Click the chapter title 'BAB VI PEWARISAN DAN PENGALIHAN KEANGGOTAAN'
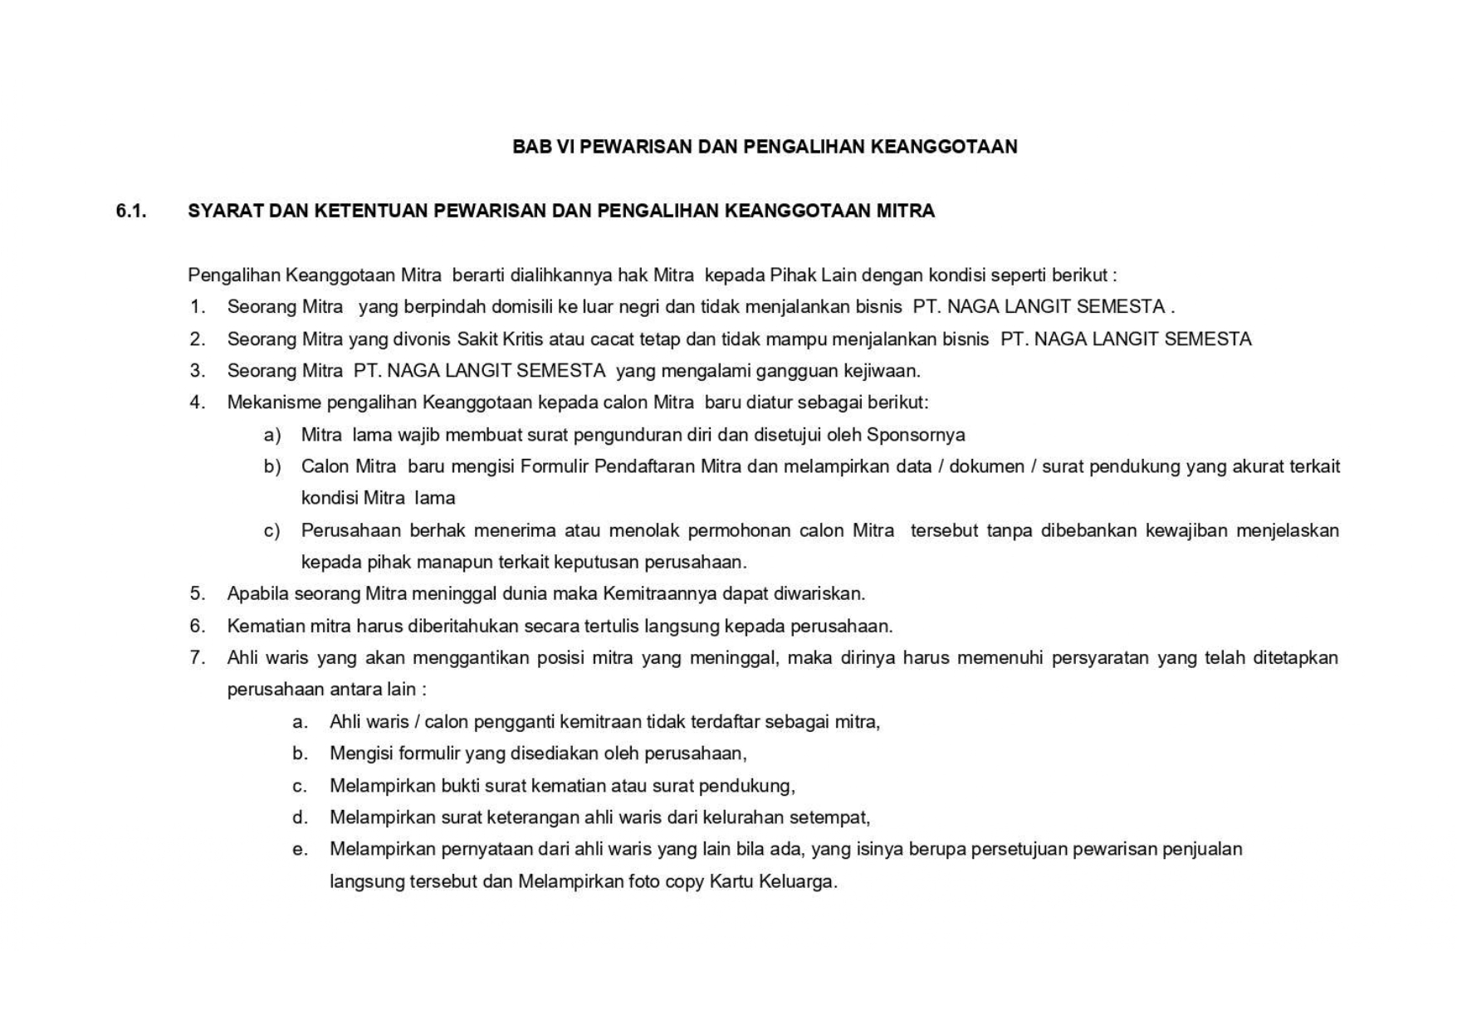(764, 147)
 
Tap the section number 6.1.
(131, 211)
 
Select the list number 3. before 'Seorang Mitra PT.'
(198, 370)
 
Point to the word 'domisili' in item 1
(522, 307)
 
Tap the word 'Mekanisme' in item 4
(274, 402)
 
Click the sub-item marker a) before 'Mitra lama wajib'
(272, 435)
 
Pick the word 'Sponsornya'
(916, 435)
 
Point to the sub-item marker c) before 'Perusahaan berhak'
(272, 530)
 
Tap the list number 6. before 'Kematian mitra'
(198, 626)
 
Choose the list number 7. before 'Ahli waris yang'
(198, 658)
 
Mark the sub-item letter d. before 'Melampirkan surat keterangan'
(300, 817)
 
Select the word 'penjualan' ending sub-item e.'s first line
(1202, 849)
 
